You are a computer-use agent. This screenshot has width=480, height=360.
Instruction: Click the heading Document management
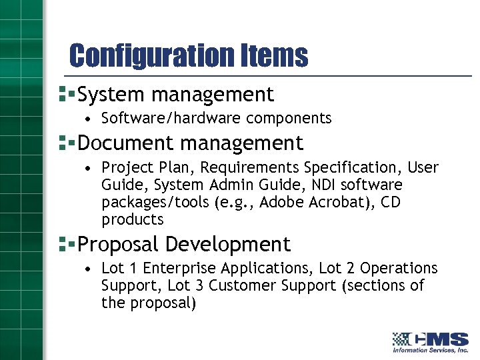[x=190, y=143]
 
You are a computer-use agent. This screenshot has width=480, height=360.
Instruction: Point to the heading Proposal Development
[x=184, y=245]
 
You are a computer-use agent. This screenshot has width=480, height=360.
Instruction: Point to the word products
[x=132, y=219]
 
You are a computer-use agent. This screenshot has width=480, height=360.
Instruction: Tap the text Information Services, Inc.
[x=430, y=350]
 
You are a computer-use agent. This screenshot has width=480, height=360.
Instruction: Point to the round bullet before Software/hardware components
[x=88, y=119]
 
